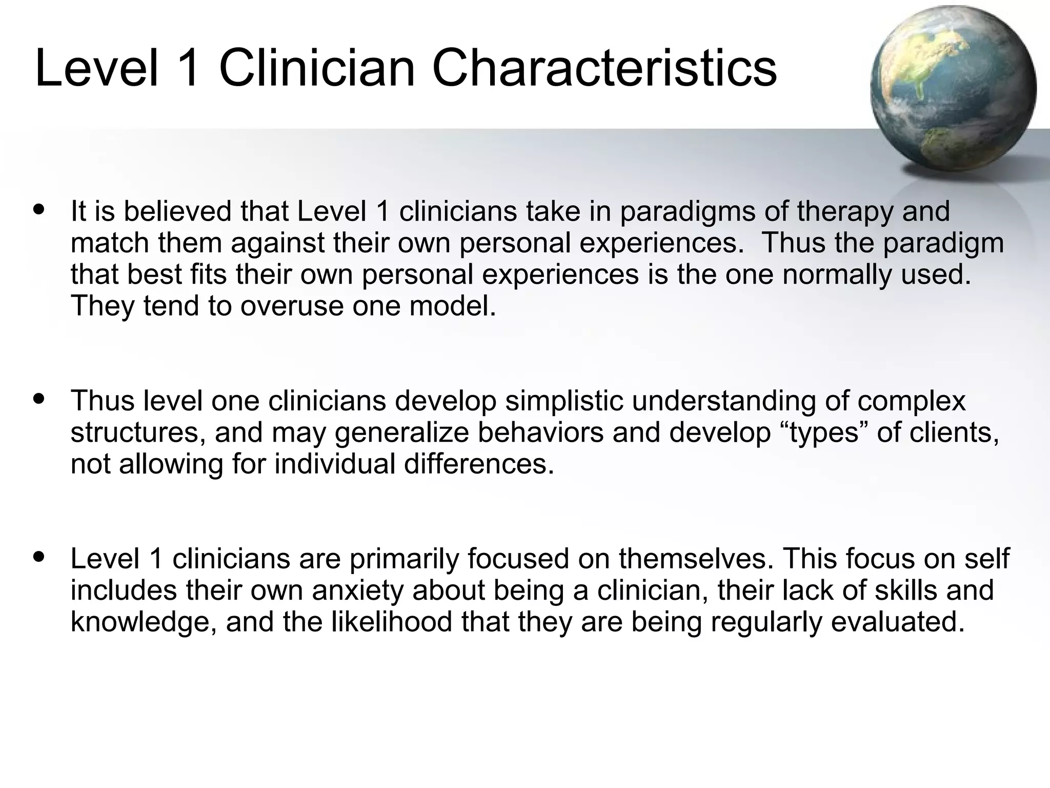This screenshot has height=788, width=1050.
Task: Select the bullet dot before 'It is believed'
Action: (x=38, y=210)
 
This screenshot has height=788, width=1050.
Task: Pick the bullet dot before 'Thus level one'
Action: (x=38, y=399)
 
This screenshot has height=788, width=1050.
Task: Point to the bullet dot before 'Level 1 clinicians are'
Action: (x=38, y=557)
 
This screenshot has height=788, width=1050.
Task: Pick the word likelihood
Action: (x=392, y=622)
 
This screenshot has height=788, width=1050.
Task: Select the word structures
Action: (x=138, y=433)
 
